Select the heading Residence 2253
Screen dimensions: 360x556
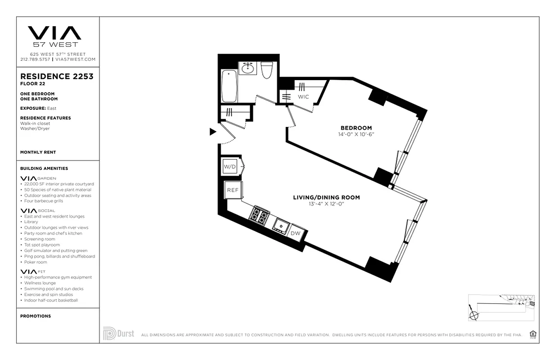pyautogui.click(x=57, y=76)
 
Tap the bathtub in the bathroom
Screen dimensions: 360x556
pyautogui.click(x=229, y=86)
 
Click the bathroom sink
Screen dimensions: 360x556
pyautogui.click(x=248, y=68)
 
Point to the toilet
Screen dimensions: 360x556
pyautogui.click(x=267, y=70)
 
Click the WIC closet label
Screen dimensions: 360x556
pyautogui.click(x=303, y=97)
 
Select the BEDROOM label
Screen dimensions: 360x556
pyautogui.click(x=356, y=128)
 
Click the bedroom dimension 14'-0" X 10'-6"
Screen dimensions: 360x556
pyautogui.click(x=356, y=135)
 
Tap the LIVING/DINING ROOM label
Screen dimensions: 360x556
pyautogui.click(x=326, y=197)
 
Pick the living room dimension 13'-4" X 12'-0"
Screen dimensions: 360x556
pyautogui.click(x=326, y=204)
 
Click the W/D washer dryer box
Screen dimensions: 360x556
pyautogui.click(x=230, y=167)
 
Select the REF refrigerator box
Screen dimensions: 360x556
pyautogui.click(x=233, y=190)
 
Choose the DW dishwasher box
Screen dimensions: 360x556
pyautogui.click(x=296, y=233)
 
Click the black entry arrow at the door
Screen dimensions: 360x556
pyautogui.click(x=213, y=132)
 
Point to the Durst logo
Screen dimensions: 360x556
pyautogui.click(x=119, y=334)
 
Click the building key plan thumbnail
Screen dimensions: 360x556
pyautogui.click(x=501, y=308)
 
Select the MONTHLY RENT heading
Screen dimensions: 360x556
pyautogui.click(x=38, y=153)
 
